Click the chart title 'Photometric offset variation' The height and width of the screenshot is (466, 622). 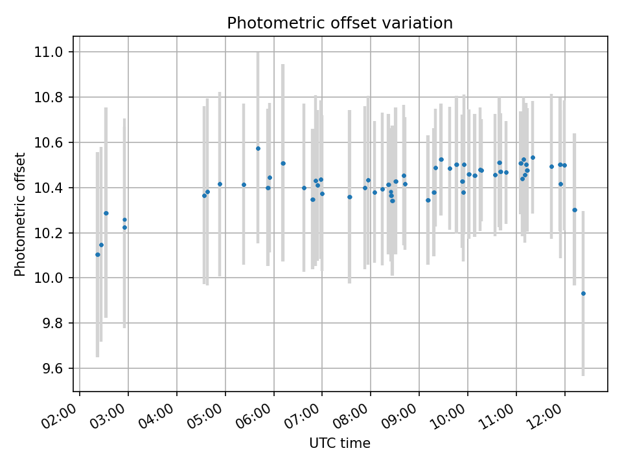point(340,23)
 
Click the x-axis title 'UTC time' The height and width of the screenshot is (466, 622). point(340,443)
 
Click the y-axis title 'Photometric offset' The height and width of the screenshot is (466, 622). point(20,214)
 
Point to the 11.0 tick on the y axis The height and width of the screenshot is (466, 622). point(51,52)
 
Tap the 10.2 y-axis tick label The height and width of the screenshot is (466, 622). point(51,233)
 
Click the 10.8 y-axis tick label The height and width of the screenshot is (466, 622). point(51,97)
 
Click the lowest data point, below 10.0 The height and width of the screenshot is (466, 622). point(583,293)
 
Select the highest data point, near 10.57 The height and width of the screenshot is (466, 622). point(258,148)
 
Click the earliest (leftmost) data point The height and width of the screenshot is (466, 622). point(98,254)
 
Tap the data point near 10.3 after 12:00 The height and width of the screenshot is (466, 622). point(575,210)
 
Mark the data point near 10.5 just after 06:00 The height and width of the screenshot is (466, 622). point(283,163)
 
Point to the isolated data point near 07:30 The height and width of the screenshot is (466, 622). point(350,197)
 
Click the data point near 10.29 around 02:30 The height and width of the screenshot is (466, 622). point(106,213)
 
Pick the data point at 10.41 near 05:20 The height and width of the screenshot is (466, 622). point(244,184)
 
